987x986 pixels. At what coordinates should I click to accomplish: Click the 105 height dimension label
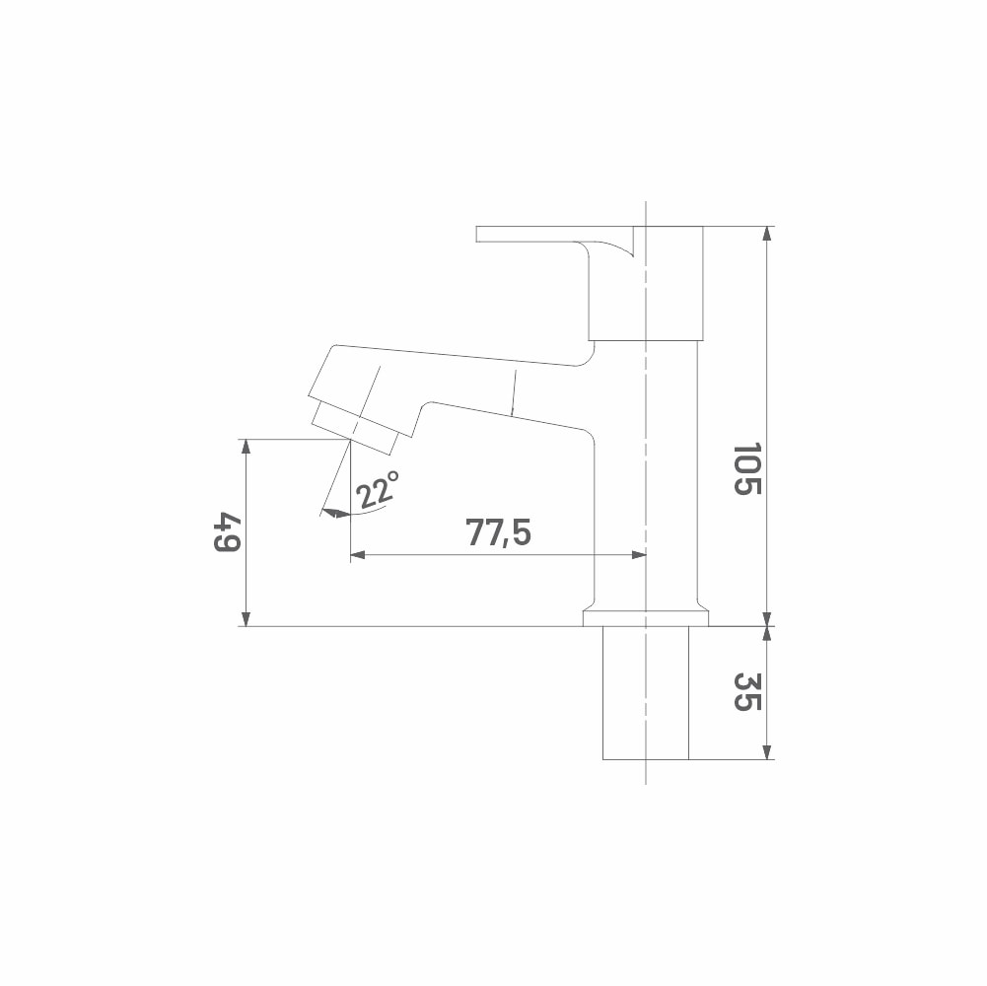pyautogui.click(x=747, y=469)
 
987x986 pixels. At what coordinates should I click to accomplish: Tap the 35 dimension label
pyautogui.click(x=747, y=692)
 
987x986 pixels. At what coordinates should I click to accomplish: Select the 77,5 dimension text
pyautogui.click(x=499, y=532)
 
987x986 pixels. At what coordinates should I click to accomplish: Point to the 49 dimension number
pyautogui.click(x=227, y=532)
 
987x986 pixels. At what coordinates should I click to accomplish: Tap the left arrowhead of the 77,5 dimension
pyautogui.click(x=358, y=555)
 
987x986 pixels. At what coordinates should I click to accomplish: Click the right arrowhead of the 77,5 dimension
pyautogui.click(x=638, y=555)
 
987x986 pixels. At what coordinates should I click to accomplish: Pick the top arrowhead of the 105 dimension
pyautogui.click(x=767, y=234)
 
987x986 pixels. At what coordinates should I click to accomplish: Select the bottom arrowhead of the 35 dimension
pyautogui.click(x=767, y=751)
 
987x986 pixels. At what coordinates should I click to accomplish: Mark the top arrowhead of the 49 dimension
pyautogui.click(x=247, y=447)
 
